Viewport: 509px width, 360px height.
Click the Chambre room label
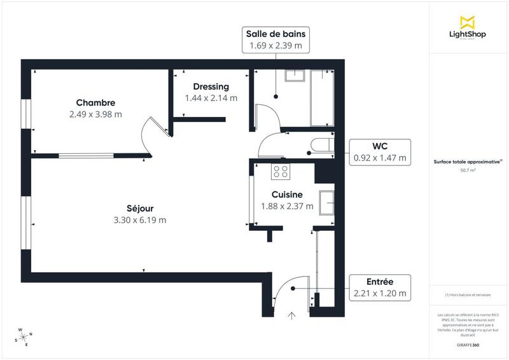tap(95, 103)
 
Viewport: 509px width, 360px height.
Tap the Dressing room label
tap(211, 87)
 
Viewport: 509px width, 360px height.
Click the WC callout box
tap(380, 152)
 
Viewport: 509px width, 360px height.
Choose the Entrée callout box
tap(380, 287)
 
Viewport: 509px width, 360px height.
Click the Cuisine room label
tap(286, 195)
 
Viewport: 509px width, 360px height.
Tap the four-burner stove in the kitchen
tap(281, 171)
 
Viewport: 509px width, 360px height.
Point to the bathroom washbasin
tap(295, 76)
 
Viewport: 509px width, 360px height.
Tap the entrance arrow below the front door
tap(292, 315)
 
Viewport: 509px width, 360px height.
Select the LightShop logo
tap(468, 29)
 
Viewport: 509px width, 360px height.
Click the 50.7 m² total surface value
tap(468, 170)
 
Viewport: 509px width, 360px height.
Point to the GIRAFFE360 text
tap(468, 345)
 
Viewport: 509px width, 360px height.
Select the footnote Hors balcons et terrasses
tap(468, 294)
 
